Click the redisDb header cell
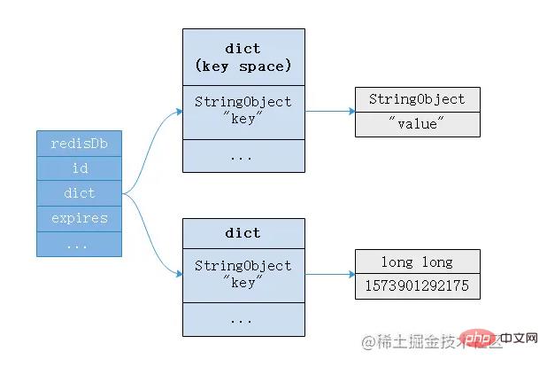pyautogui.click(x=78, y=143)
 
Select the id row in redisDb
pyautogui.click(x=78, y=168)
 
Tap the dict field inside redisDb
pyautogui.click(x=78, y=192)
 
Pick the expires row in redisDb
pyautogui.click(x=78, y=218)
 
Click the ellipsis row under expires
pyautogui.click(x=78, y=243)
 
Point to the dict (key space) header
pyautogui.click(x=243, y=56)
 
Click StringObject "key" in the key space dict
pyautogui.click(x=243, y=111)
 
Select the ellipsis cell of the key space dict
pyautogui.click(x=243, y=155)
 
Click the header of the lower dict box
pyautogui.click(x=243, y=232)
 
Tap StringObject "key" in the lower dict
pyautogui.click(x=243, y=273)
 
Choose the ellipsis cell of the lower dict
pyautogui.click(x=243, y=318)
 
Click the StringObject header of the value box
pyautogui.click(x=417, y=99)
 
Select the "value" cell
pyautogui.click(x=417, y=124)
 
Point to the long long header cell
pyautogui.click(x=417, y=262)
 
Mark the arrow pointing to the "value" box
pyautogui.click(x=329, y=112)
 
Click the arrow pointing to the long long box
pyautogui.click(x=329, y=274)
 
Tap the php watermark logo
pyautogui.click(x=477, y=340)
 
